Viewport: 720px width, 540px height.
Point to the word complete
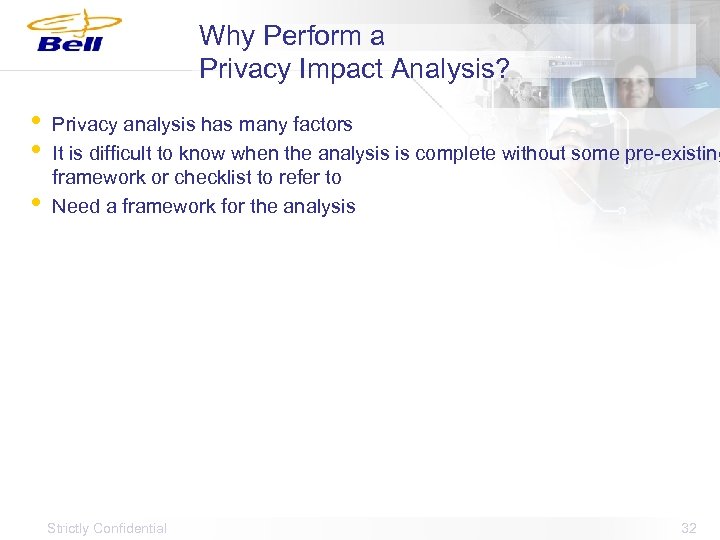459,154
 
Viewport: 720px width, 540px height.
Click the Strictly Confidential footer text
107,528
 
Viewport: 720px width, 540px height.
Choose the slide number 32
688,528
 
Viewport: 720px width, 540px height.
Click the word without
533,154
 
